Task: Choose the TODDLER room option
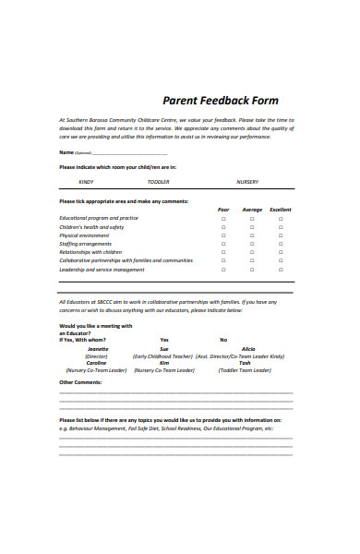tap(158, 182)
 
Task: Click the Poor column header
tap(223, 210)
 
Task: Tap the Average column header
tap(252, 210)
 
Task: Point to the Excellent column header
tap(281, 210)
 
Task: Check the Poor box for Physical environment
tap(223, 235)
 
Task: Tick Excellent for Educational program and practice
tap(281, 218)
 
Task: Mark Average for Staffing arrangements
tap(252, 244)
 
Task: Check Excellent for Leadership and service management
tap(281, 270)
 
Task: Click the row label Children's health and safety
tap(91, 227)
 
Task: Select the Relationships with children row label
tap(90, 252)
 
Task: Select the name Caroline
tap(96, 363)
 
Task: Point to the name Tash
tap(245, 363)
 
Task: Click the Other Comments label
tap(80, 381)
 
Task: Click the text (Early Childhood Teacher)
tap(164, 355)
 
